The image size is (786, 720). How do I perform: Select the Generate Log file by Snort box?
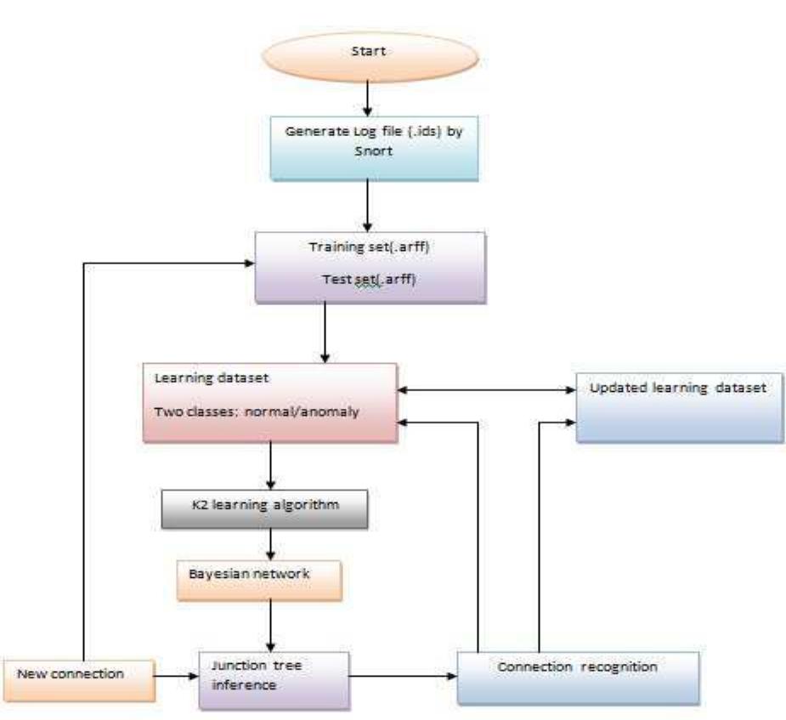[374, 148]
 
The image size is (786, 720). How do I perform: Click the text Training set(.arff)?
[370, 246]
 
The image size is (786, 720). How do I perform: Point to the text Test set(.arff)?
[370, 277]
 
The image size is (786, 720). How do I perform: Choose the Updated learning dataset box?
[679, 407]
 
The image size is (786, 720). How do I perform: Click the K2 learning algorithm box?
[264, 507]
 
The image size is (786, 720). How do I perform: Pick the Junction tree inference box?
[274, 678]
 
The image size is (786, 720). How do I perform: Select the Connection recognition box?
[578, 677]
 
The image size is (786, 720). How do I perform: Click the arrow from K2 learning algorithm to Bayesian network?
[269, 541]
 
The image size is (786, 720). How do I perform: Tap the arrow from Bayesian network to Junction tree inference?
[269, 625]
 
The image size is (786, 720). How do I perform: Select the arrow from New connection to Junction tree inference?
[177, 677]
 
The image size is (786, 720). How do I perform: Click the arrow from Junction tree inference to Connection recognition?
[404, 677]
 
